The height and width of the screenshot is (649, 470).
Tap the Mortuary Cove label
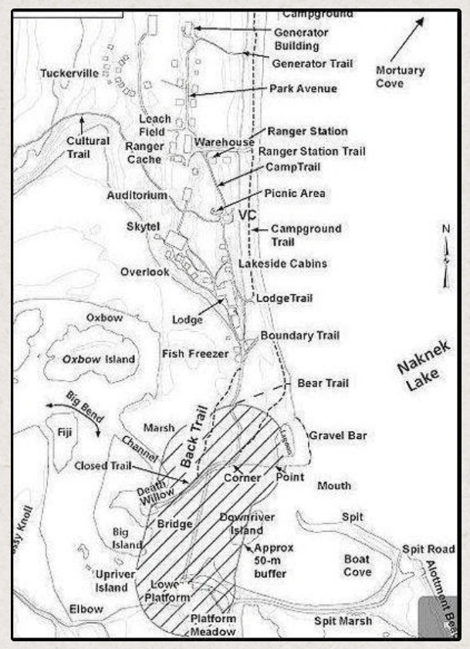[400, 76]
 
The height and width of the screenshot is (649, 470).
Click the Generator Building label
[302, 39]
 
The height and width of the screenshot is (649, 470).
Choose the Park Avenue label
[303, 89]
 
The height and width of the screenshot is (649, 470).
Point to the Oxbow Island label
[99, 360]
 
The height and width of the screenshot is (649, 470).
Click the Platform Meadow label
[214, 625]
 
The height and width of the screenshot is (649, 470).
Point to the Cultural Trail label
[87, 147]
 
